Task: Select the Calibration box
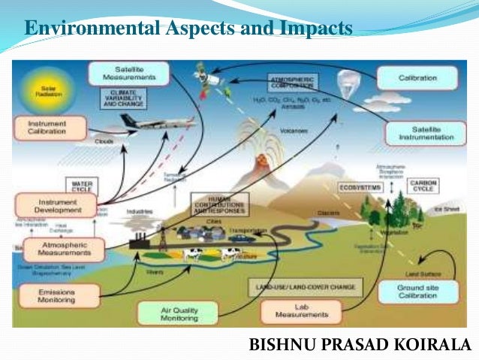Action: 417,77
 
